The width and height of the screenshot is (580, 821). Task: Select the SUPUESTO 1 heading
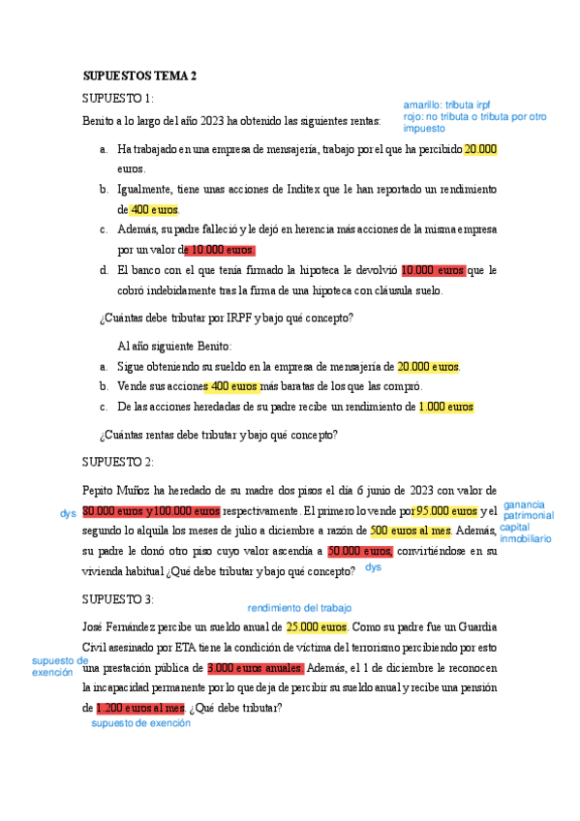[x=117, y=99]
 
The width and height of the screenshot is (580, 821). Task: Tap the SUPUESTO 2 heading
[x=117, y=462]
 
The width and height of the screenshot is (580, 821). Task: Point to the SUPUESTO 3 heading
[x=117, y=599]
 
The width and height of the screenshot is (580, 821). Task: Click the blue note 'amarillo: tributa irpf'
[x=447, y=104]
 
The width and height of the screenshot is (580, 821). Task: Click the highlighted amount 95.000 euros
[x=446, y=511]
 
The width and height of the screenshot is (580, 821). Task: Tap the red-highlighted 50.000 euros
[x=359, y=552]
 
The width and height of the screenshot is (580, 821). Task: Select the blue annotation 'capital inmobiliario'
[x=526, y=532]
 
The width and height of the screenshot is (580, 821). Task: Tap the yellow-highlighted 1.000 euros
[x=446, y=408]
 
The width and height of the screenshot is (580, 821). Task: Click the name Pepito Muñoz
[x=119, y=491]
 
